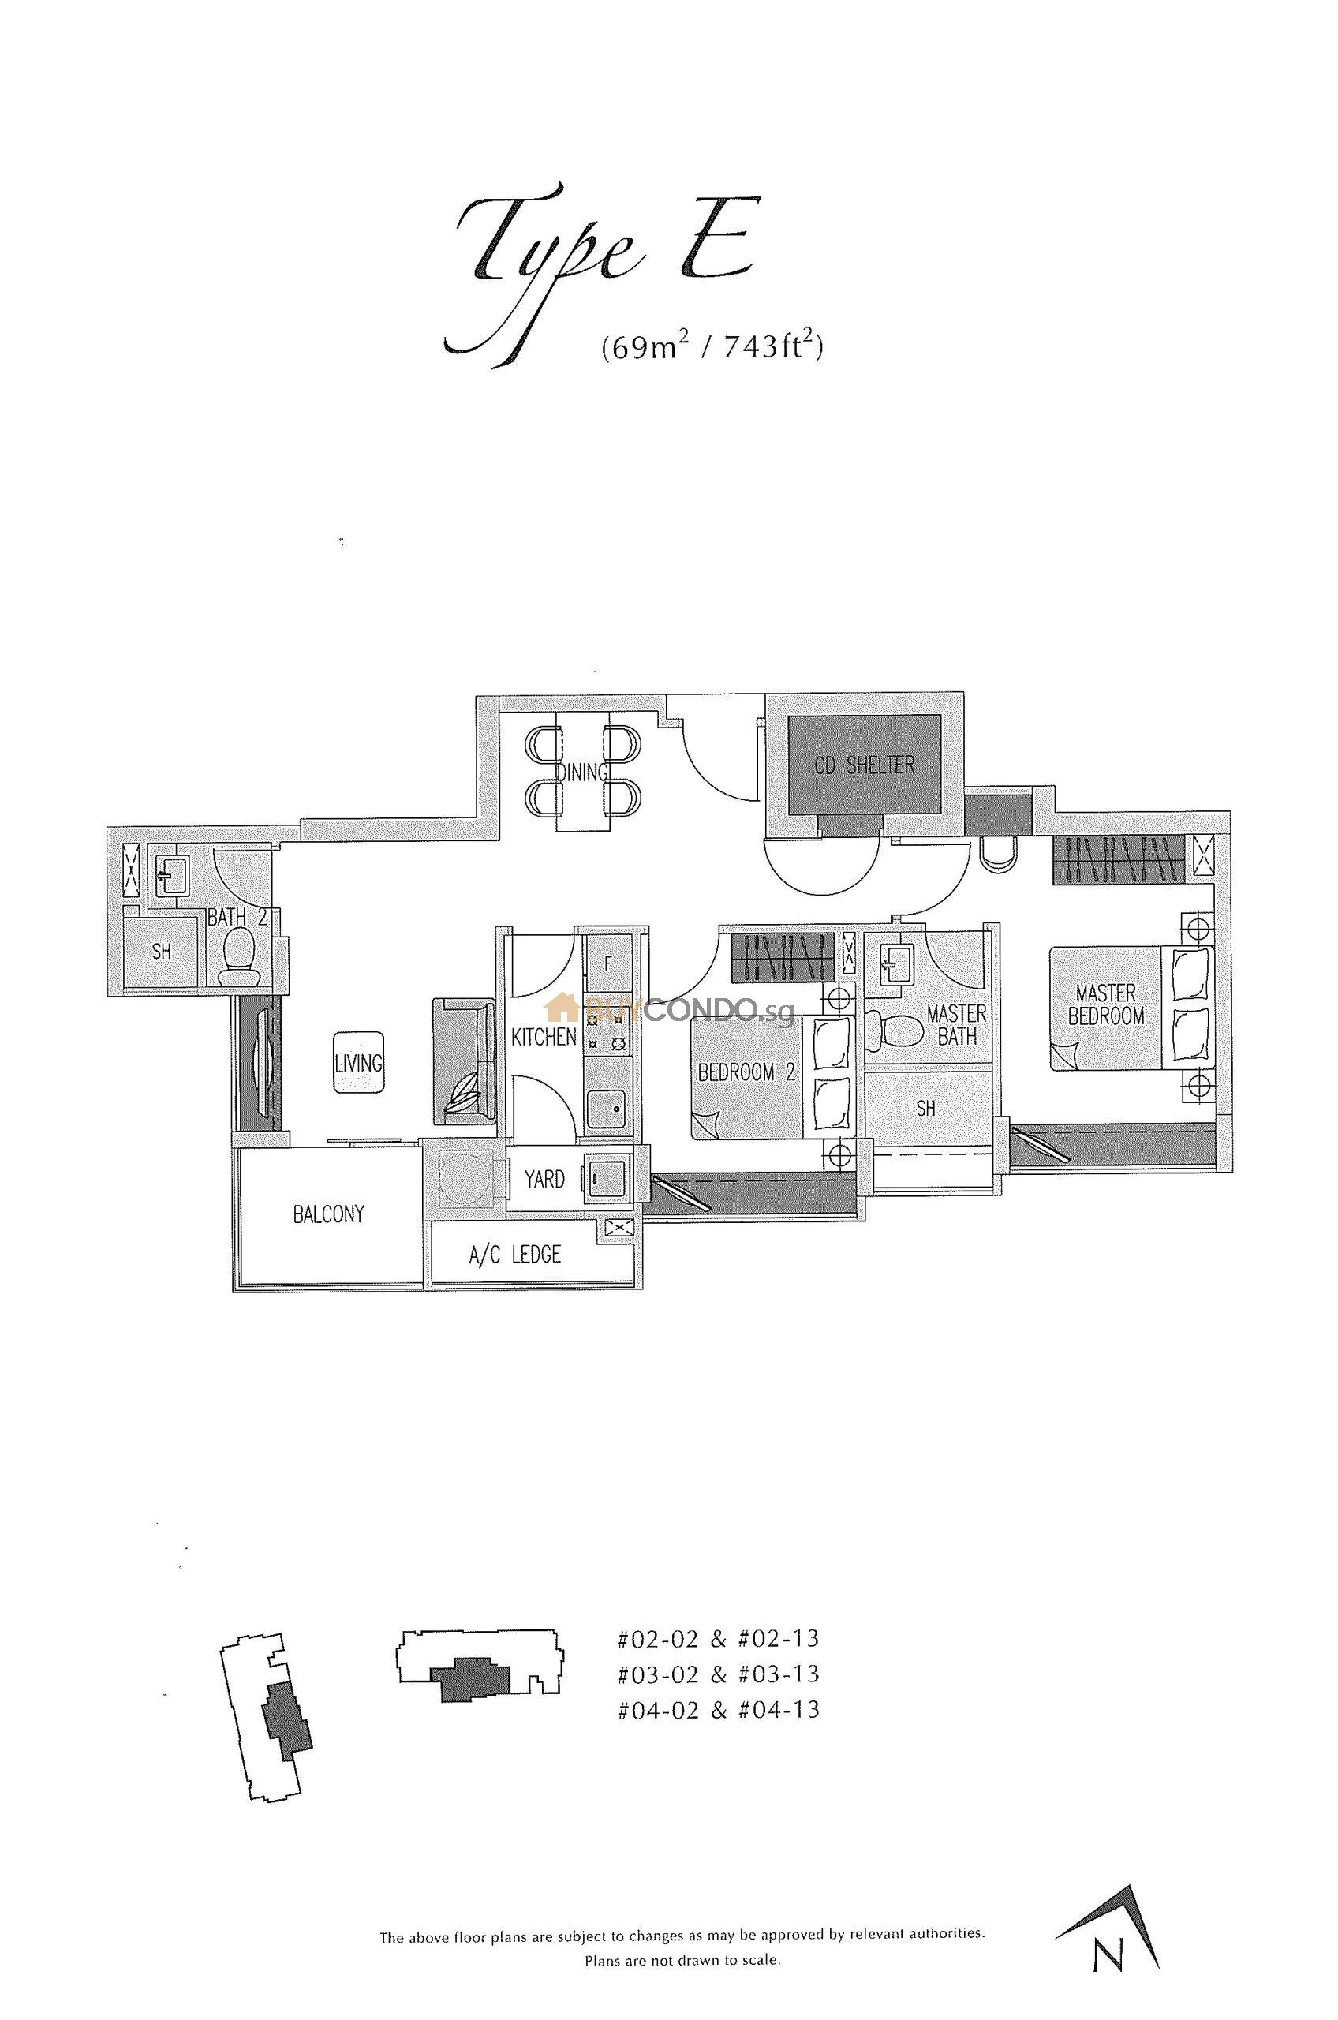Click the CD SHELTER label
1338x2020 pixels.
click(865, 764)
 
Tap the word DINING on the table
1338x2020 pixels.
click(582, 772)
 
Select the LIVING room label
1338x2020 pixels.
click(358, 1063)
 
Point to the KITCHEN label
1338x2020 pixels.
click(544, 1037)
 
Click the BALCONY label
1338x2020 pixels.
click(328, 1214)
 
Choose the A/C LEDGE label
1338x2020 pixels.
click(514, 1254)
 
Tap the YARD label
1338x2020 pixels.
click(544, 1180)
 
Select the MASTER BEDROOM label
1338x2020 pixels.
click(1106, 1004)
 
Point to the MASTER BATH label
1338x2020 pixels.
click(957, 1024)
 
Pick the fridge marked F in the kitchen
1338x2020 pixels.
click(607, 963)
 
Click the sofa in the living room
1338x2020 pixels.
click(464, 1060)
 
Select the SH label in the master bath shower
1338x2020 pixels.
click(926, 1109)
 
